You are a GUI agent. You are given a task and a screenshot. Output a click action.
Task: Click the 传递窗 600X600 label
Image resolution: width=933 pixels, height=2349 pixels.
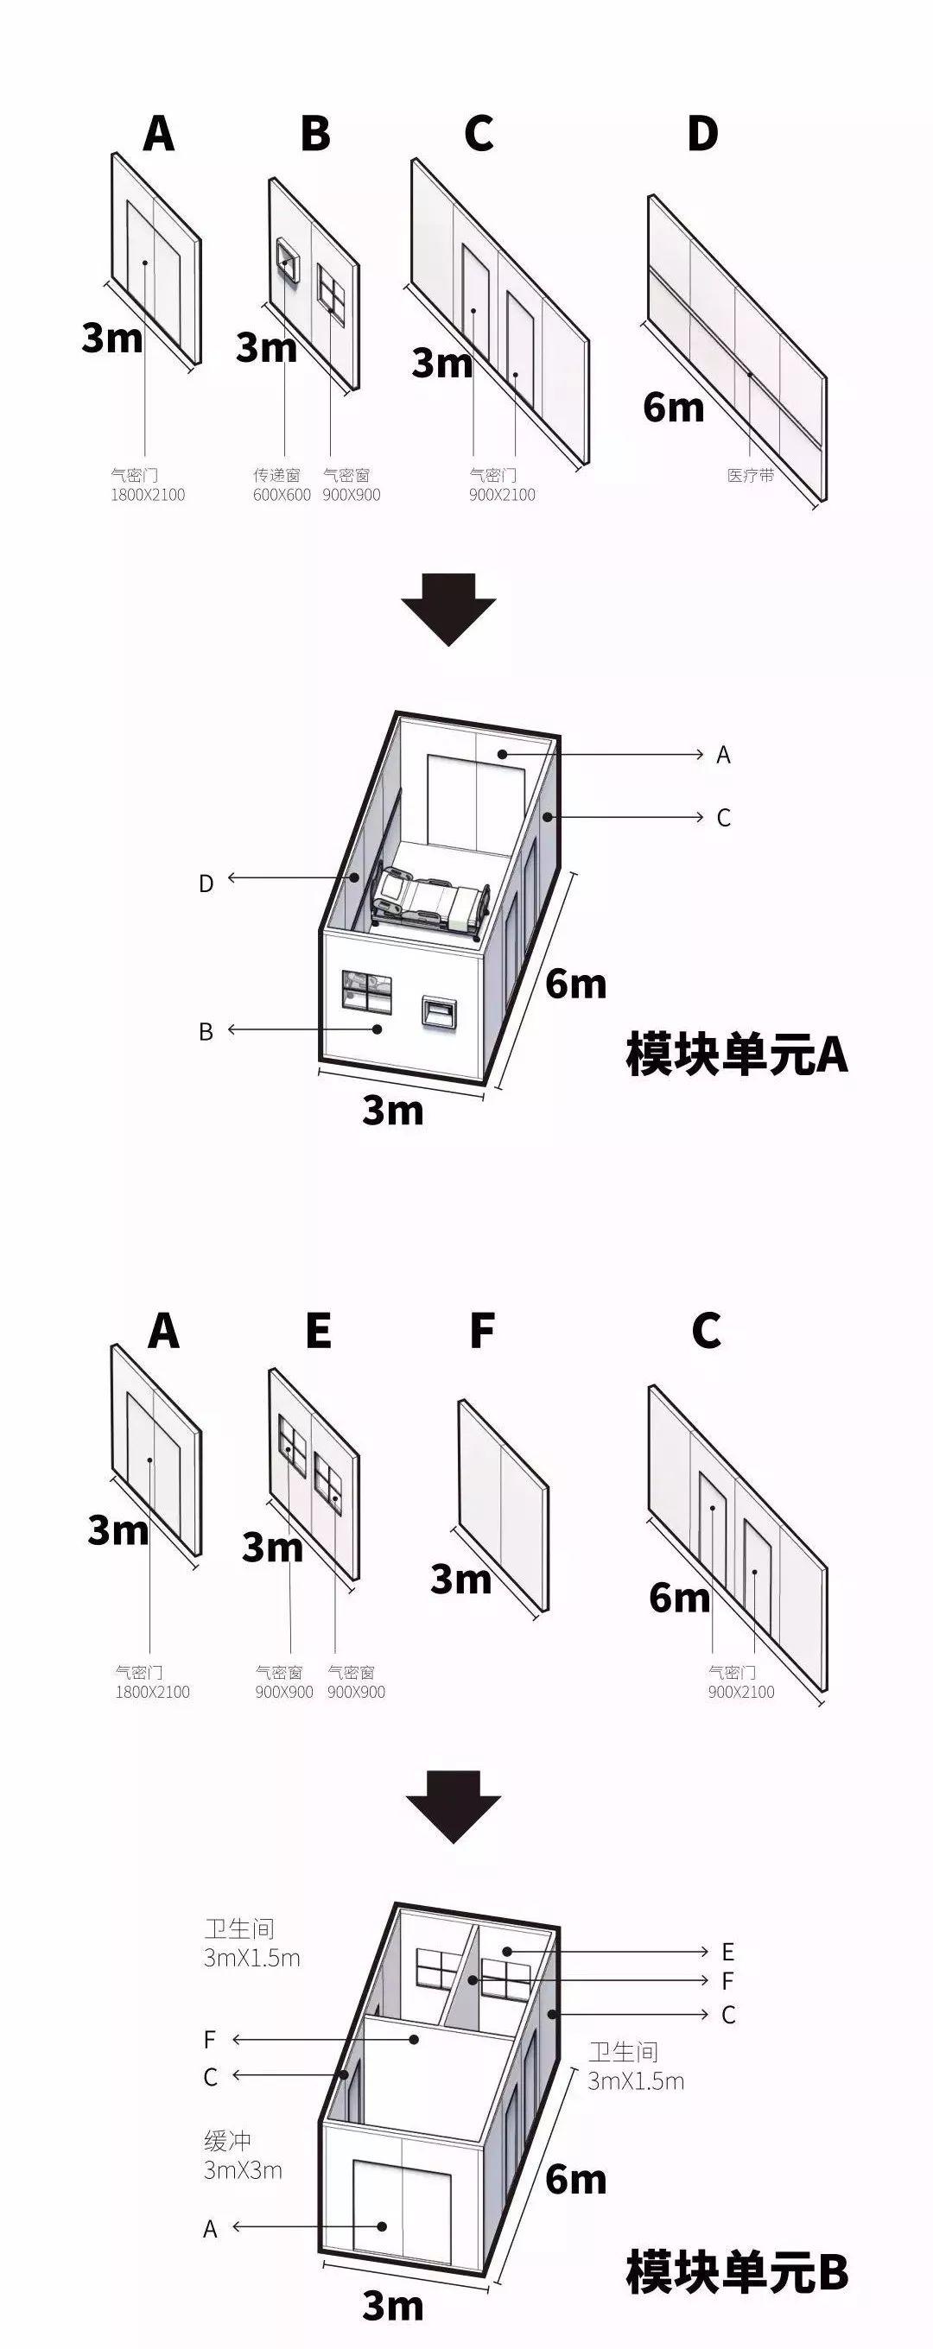click(x=281, y=485)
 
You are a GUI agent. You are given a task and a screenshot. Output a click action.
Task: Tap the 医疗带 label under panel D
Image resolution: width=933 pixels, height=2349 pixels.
click(x=750, y=475)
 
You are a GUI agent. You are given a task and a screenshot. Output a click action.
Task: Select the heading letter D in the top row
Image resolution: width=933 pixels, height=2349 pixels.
click(x=702, y=133)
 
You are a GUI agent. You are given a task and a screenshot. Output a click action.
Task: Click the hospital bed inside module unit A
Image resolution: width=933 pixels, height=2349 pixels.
click(x=428, y=901)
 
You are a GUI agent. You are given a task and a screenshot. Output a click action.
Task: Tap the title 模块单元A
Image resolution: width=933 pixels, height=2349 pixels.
click(x=736, y=1054)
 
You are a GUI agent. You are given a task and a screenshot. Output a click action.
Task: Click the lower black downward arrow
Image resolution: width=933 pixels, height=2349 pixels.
click(x=453, y=1806)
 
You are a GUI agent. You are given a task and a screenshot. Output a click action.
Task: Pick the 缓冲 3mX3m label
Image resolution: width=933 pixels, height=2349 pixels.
click(x=242, y=2155)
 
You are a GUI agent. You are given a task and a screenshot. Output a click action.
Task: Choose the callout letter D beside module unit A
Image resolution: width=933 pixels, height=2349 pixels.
click(x=206, y=883)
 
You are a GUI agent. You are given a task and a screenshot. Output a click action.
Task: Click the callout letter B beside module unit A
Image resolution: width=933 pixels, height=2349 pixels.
click(x=206, y=1031)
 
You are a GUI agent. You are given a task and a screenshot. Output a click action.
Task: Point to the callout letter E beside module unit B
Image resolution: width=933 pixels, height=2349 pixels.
click(x=727, y=1952)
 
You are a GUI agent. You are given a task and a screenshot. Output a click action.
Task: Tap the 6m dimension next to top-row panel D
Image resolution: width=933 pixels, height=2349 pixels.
click(x=673, y=407)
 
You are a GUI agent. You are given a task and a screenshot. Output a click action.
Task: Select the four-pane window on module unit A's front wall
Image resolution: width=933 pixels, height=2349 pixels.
click(x=366, y=991)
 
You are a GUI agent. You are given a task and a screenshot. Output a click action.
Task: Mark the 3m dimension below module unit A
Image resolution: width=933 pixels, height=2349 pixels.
click(x=392, y=1110)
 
